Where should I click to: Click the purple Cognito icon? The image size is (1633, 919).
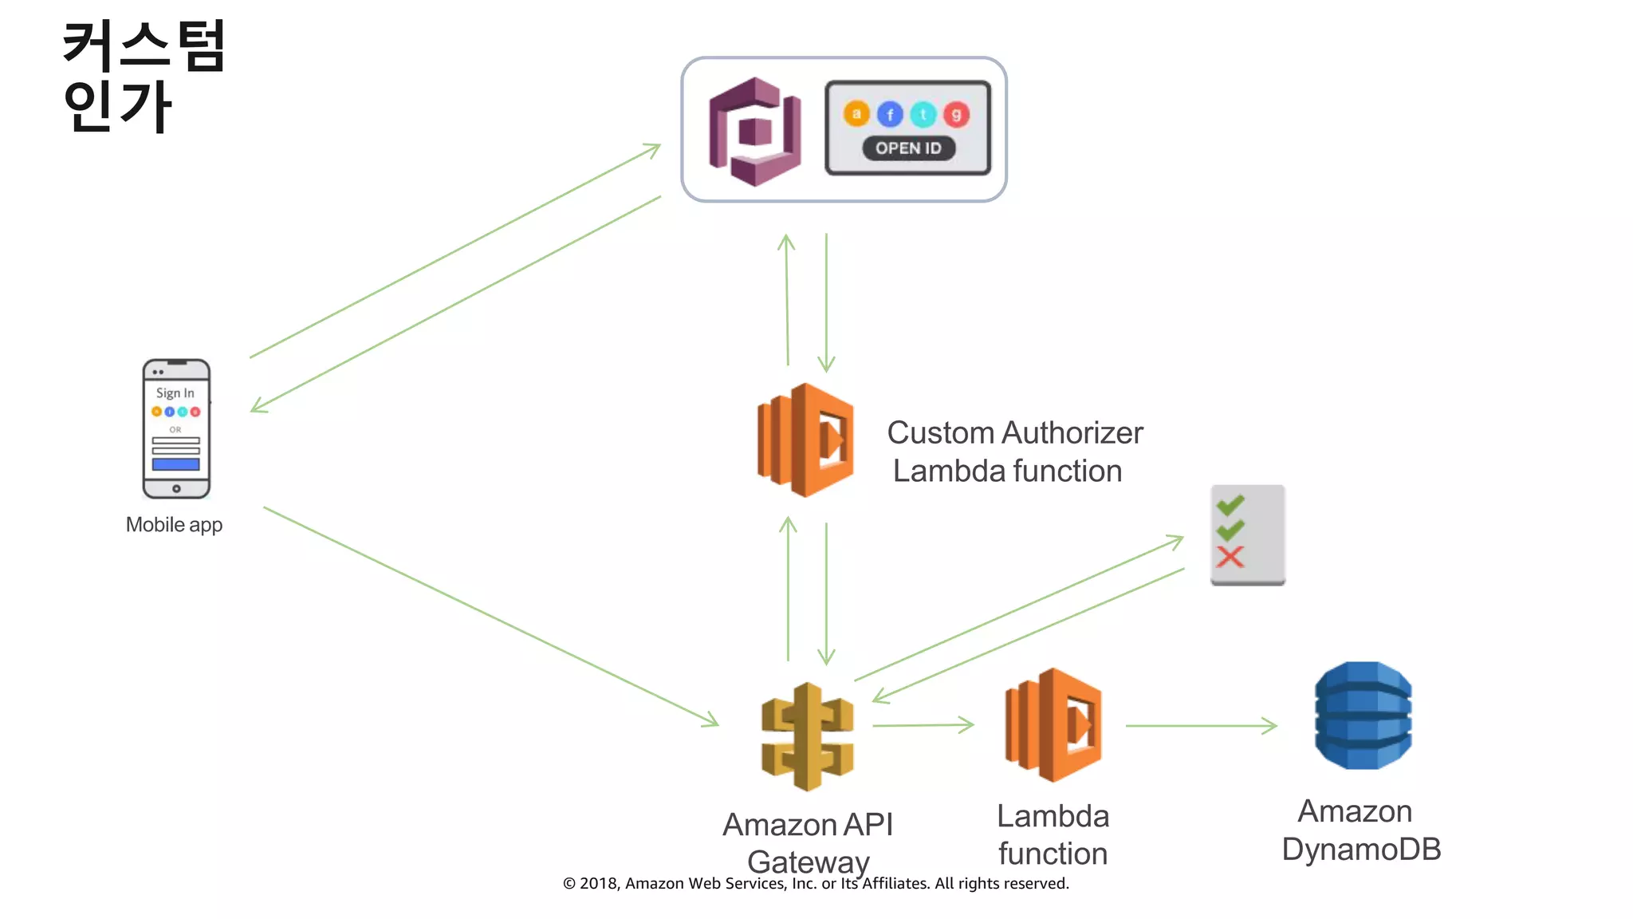point(754,132)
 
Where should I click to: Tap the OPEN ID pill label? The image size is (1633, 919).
point(908,148)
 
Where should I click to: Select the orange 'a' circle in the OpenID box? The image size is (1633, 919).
point(856,114)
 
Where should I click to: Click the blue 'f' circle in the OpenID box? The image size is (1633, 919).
point(890,115)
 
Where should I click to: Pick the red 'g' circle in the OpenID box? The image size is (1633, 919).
point(956,115)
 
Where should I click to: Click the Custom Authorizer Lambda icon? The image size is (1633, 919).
point(805,440)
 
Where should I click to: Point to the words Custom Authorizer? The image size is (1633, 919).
point(1014,433)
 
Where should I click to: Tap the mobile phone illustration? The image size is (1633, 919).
point(176,429)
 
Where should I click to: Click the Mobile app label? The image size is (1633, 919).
point(174,525)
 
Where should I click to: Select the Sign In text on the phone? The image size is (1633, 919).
point(175,393)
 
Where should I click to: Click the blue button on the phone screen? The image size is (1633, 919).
point(175,464)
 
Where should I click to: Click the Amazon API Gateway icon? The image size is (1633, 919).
point(807,736)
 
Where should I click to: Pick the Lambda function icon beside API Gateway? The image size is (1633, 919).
point(1053,724)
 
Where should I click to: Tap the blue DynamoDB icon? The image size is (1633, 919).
point(1363,716)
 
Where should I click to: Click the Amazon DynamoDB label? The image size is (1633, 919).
point(1360,830)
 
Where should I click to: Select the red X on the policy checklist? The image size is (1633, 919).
point(1230,557)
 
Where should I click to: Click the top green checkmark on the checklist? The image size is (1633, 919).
point(1230,504)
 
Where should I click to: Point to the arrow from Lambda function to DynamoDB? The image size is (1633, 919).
point(1201,726)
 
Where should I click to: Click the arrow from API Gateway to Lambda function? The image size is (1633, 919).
point(923,725)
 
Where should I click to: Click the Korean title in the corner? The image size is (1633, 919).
point(144,76)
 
